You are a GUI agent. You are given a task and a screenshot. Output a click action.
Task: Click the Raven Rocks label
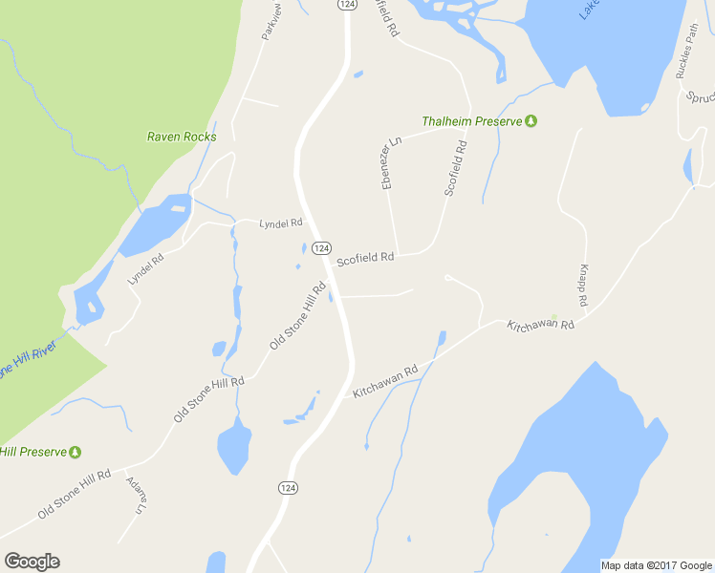point(182,137)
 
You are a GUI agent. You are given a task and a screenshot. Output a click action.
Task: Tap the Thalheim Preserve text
point(472,121)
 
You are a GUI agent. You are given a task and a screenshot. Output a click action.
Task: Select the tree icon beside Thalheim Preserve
point(531,121)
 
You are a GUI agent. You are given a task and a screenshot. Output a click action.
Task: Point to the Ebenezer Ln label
point(391,161)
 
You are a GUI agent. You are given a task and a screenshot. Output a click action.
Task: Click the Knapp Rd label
point(582,286)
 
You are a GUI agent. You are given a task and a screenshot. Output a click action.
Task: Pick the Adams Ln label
point(134,498)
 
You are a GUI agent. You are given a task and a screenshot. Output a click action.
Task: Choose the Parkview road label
point(272,22)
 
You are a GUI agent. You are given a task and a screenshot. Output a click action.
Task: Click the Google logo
point(32,561)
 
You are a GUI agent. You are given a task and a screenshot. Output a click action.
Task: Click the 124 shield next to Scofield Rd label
point(321,248)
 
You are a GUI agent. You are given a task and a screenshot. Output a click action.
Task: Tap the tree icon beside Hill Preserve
point(75,452)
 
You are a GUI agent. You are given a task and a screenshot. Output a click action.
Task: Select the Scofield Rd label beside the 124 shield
point(365,257)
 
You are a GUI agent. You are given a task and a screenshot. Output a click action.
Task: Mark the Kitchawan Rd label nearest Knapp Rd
point(541,326)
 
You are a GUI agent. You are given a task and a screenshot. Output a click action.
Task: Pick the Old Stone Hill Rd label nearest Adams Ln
point(75,496)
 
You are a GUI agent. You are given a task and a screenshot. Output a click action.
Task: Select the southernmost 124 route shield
point(287,488)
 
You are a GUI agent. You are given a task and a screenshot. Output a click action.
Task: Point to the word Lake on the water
point(590,9)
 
